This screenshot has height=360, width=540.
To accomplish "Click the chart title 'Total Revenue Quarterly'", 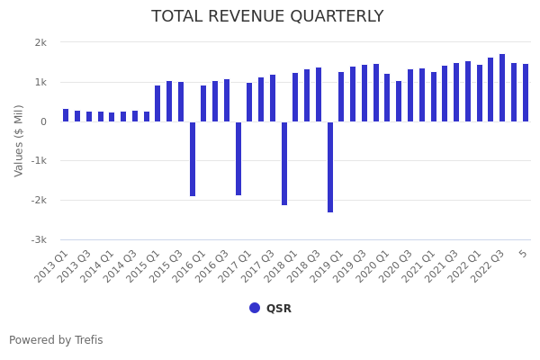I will (x=267, y=16).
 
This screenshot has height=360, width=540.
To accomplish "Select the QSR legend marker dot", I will (x=255, y=308).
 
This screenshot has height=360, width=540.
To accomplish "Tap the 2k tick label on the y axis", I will (x=40, y=42).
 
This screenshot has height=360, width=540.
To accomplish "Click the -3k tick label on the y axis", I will (x=38, y=240).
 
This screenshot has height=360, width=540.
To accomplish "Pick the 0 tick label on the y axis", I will (x=43, y=121).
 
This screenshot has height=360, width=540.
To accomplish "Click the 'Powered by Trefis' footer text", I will (x=56, y=340).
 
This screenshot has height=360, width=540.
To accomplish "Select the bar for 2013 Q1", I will (x=66, y=115).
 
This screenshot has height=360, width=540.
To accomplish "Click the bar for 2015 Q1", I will (x=157, y=103).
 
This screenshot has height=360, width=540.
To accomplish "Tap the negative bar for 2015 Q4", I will (x=193, y=158).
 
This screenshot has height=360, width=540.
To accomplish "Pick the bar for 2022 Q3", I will (x=502, y=88).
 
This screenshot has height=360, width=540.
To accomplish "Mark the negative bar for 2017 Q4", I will (x=284, y=163).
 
